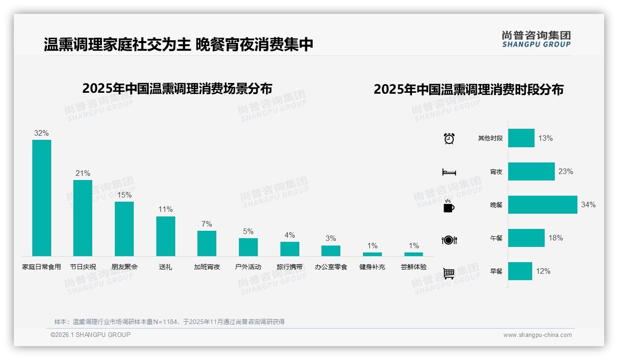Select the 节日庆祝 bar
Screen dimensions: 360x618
point(83,218)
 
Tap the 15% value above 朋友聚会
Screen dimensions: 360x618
point(124,195)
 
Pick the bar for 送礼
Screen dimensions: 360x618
point(166,236)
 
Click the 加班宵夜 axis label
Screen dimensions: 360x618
point(207,267)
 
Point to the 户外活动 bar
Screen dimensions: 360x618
point(248,247)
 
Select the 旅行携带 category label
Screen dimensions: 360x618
point(290,267)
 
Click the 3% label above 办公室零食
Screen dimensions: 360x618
point(331,239)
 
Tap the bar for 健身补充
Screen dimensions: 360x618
point(372,254)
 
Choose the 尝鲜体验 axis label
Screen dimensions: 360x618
point(414,267)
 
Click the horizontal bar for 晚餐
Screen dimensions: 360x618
point(542,204)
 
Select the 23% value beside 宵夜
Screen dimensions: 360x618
point(565,171)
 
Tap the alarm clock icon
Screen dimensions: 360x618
point(449,138)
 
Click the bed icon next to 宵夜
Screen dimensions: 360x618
point(449,172)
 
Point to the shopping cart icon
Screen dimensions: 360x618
point(449,273)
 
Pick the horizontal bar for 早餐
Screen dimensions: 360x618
point(520,271)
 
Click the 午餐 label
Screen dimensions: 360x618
point(496,238)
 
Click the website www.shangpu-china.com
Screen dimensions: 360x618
point(537,335)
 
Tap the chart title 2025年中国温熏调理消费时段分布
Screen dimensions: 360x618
point(469,90)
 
